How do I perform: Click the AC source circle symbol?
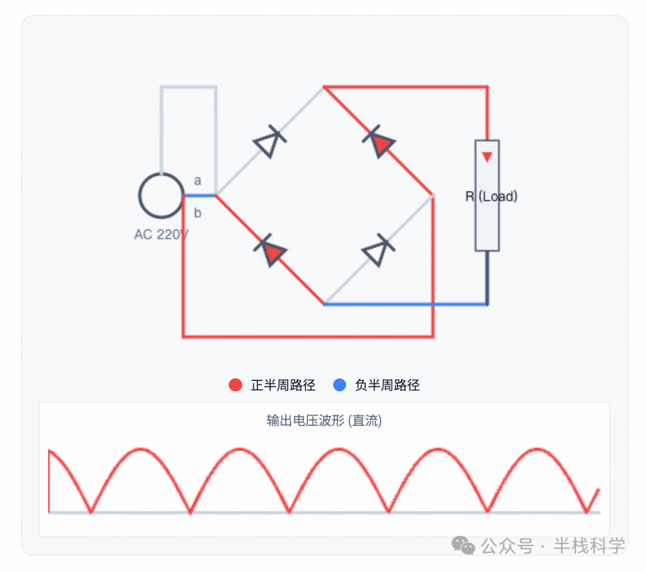tap(161, 196)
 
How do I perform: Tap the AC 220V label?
tap(161, 234)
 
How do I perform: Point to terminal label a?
tap(197, 181)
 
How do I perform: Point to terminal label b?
tap(197, 213)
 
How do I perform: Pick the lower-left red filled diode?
tap(271, 251)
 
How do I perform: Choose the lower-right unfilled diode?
tap(377, 251)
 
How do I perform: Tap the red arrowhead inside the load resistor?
tap(487, 157)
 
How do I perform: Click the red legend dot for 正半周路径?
tap(235, 385)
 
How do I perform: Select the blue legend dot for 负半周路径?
tap(340, 385)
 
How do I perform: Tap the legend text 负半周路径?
tap(387, 385)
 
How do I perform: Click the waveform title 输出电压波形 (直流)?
tap(324, 421)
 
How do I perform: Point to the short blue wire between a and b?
tap(199, 196)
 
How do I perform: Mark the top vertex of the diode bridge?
tap(324, 87)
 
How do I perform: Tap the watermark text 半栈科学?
tap(588, 546)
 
